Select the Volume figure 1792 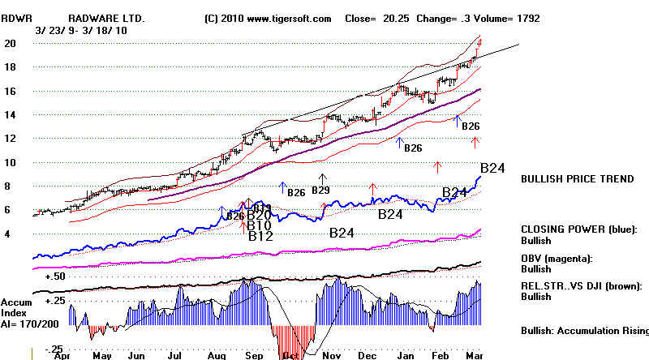(527, 18)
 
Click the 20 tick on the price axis (10, 45)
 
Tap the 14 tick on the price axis (10, 115)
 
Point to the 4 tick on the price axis (8, 234)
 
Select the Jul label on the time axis (174, 354)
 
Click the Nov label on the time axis (331, 354)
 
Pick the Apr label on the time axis (59, 354)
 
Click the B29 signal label (320, 191)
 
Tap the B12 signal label (260, 237)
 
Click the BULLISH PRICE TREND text (578, 179)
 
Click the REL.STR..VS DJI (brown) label (584, 285)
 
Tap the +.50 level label (55, 276)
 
